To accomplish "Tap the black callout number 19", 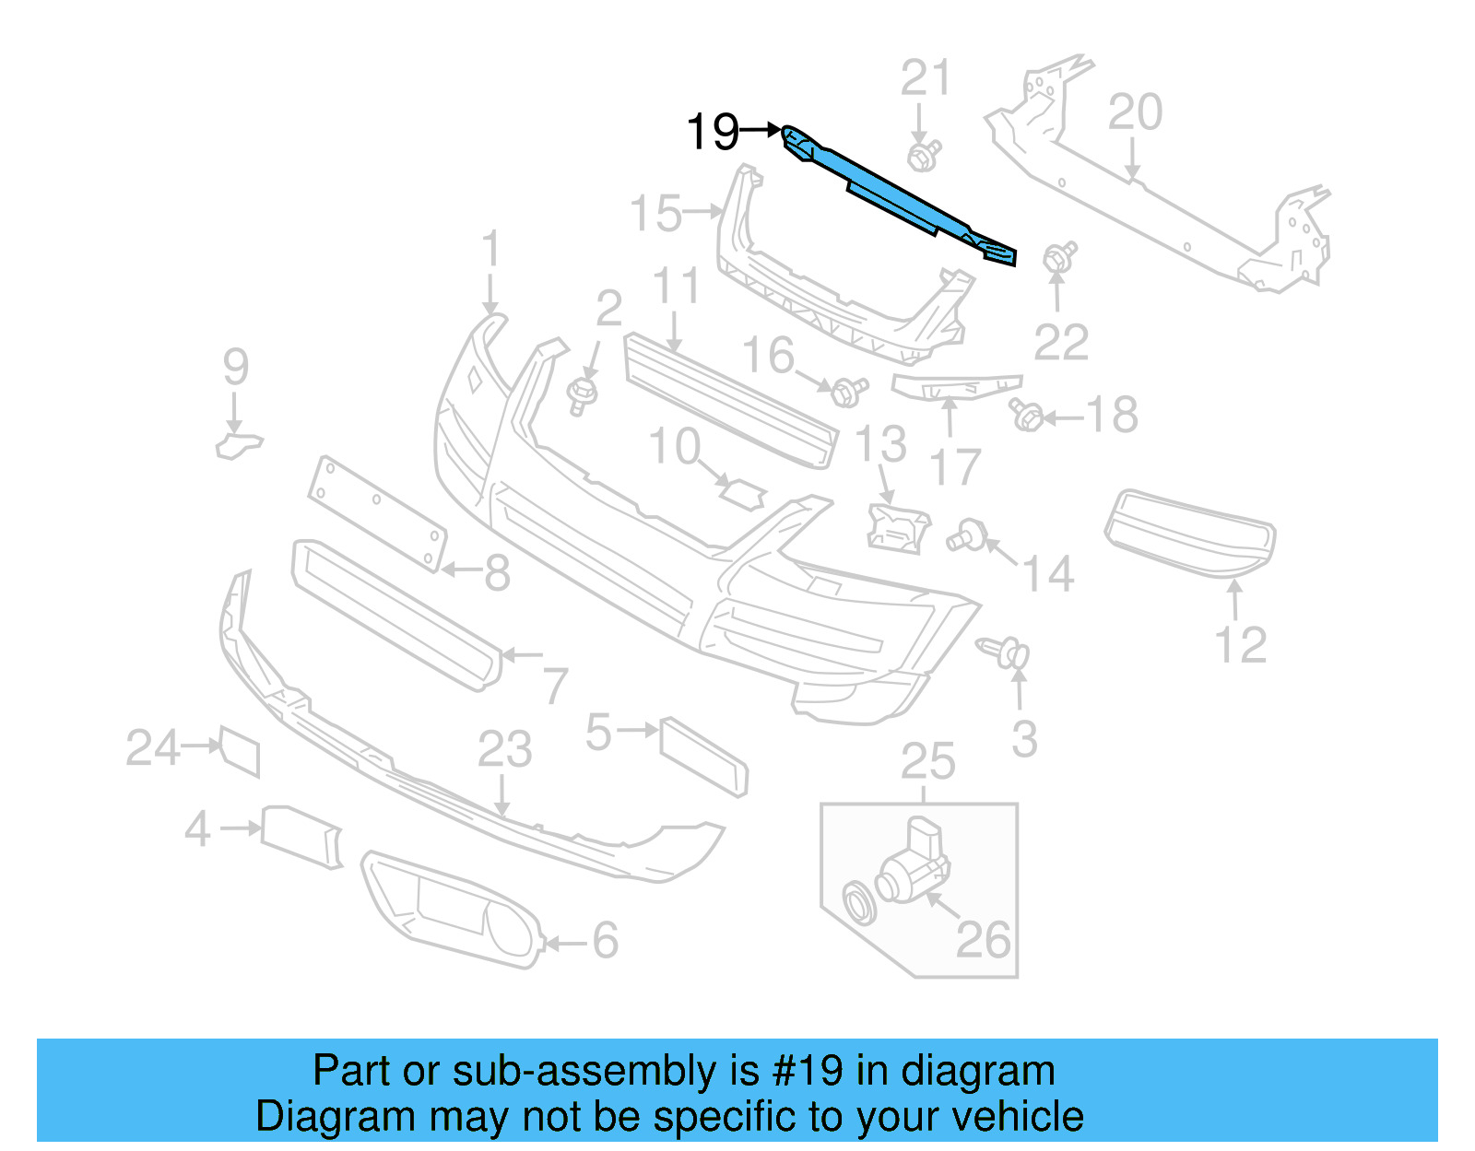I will [x=713, y=132].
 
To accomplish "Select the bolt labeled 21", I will [x=923, y=155].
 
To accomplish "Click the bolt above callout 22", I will [x=1058, y=258].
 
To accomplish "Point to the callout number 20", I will [x=1135, y=113].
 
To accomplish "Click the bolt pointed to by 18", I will [x=1026, y=416].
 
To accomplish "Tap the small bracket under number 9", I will [x=238, y=445].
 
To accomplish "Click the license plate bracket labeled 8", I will [x=377, y=512].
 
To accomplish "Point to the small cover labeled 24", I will [x=240, y=750].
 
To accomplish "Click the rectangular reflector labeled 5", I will [x=703, y=756].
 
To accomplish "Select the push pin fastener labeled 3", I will [x=1006, y=652].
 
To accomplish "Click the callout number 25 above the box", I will [x=927, y=761].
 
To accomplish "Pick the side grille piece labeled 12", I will [x=1190, y=532].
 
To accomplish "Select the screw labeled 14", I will [x=967, y=534].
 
